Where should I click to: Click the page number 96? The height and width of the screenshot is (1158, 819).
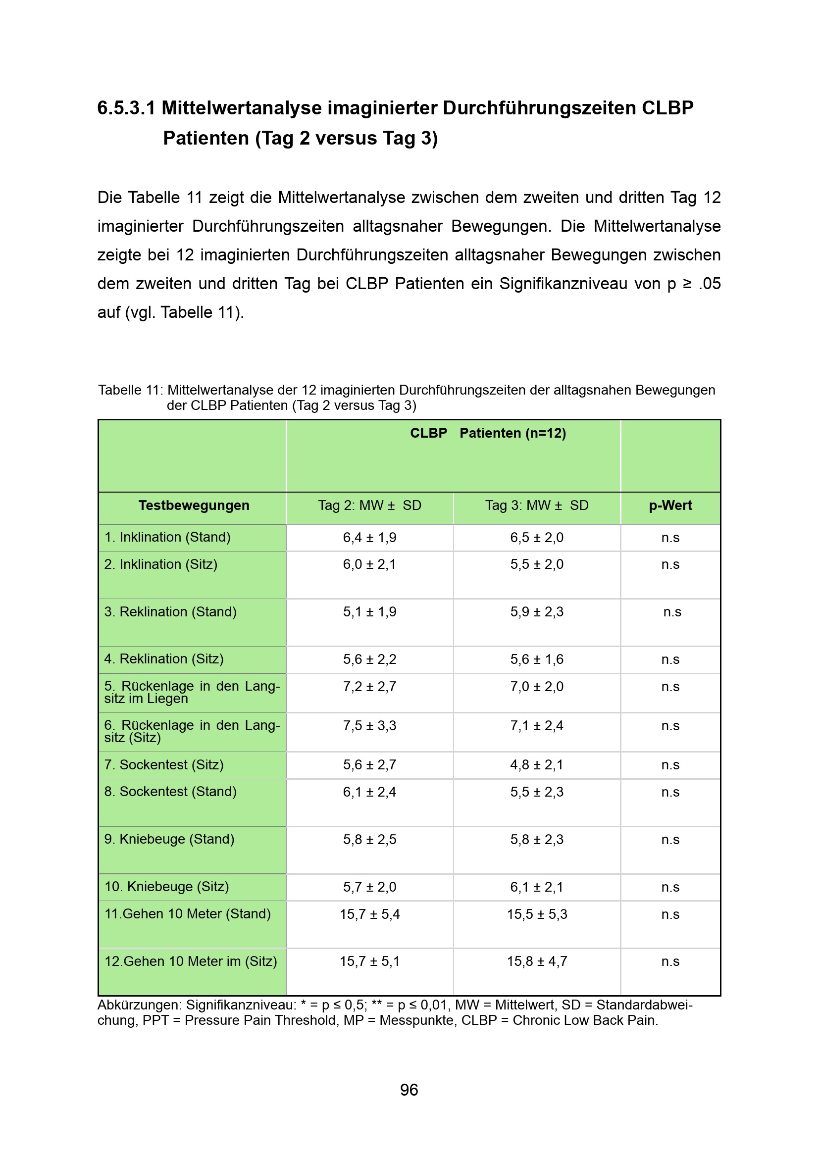click(409, 1089)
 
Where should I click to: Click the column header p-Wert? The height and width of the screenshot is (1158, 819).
click(670, 505)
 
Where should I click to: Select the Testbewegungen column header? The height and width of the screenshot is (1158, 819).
click(194, 505)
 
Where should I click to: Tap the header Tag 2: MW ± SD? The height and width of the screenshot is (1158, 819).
click(369, 505)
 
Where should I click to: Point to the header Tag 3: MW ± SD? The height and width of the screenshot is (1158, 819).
click(537, 505)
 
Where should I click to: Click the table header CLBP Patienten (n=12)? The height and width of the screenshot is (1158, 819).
click(488, 433)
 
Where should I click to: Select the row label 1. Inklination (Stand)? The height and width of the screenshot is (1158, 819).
click(167, 537)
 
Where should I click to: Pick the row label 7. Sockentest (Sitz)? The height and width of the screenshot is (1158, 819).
click(164, 764)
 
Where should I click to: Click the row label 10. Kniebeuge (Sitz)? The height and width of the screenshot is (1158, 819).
click(166, 887)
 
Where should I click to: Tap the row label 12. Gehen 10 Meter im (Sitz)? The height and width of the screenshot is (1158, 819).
click(191, 961)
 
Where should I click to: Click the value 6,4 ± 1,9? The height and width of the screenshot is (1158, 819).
click(370, 538)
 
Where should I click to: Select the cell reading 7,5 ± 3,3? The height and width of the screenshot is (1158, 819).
click(370, 726)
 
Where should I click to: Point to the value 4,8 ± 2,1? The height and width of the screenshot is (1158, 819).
click(537, 765)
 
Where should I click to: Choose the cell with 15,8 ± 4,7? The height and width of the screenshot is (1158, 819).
click(537, 961)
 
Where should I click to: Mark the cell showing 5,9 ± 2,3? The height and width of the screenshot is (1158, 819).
click(537, 612)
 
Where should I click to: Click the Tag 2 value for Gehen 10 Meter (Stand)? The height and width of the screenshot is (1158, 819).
click(370, 914)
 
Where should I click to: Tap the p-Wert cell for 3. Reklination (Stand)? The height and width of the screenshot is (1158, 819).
click(672, 612)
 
